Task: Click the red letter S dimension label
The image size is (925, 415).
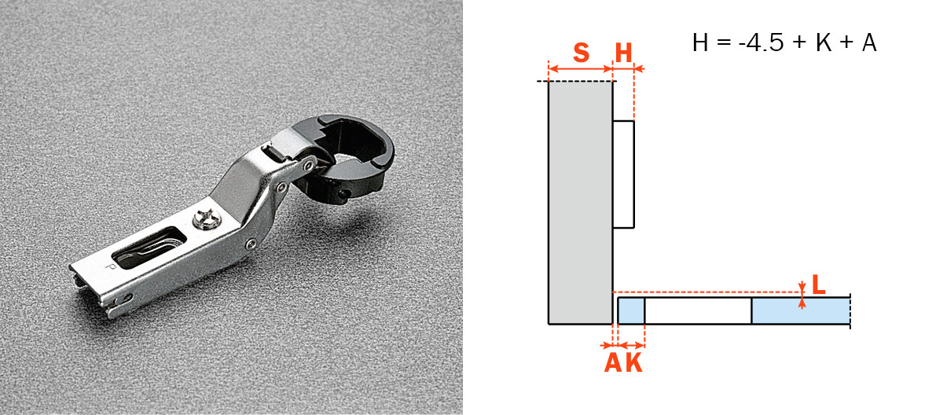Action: tap(581, 53)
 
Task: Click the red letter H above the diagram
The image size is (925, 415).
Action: tap(623, 53)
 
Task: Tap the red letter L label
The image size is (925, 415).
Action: tap(819, 285)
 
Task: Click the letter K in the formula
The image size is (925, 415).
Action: tap(824, 42)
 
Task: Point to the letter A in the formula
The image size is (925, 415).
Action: tap(868, 42)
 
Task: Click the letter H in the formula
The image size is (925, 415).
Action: tap(701, 42)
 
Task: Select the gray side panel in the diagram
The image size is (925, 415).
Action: tap(581, 202)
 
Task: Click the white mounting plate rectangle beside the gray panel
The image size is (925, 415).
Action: tap(623, 174)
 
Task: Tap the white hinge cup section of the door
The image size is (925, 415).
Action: tap(698, 311)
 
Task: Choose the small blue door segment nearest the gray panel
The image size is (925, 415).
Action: tap(631, 311)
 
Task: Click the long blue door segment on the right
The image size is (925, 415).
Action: tap(801, 311)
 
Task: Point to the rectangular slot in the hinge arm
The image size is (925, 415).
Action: tap(149, 248)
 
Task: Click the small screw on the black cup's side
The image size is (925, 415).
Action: tap(342, 193)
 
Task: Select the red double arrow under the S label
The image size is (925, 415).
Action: tap(581, 69)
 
